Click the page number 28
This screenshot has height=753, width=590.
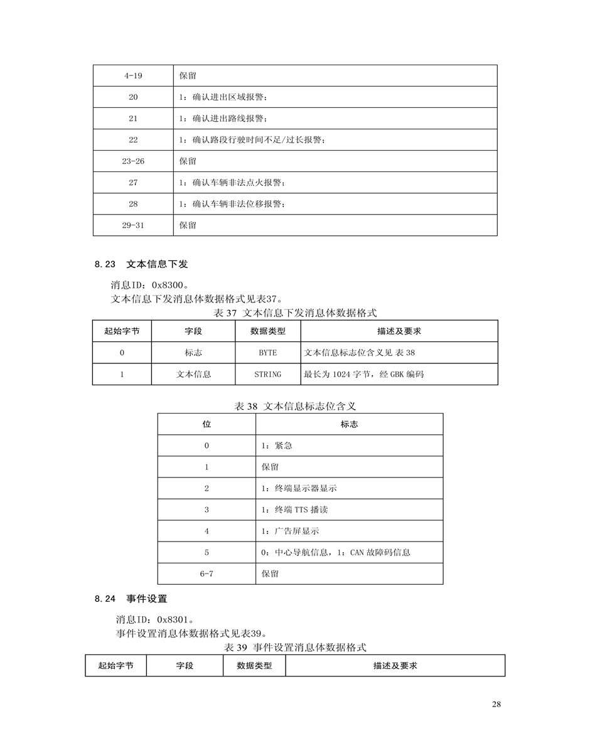pyautogui.click(x=496, y=705)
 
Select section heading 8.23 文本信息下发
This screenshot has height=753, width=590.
pyautogui.click(x=141, y=264)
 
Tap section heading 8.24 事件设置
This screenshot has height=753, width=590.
pyautogui.click(x=131, y=599)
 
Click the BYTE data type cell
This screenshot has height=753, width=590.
pyautogui.click(x=267, y=353)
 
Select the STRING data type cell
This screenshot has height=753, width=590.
pyautogui.click(x=267, y=374)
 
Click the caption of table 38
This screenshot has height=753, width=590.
pyautogui.click(x=299, y=407)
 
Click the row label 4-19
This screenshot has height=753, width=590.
pyautogui.click(x=133, y=75)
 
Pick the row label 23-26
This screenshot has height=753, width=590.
pyautogui.click(x=133, y=161)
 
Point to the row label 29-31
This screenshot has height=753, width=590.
pyautogui.click(x=133, y=225)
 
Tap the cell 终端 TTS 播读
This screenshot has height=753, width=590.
pyautogui.click(x=294, y=510)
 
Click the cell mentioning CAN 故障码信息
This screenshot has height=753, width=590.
pyautogui.click(x=336, y=552)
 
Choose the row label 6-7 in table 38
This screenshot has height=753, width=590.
pyautogui.click(x=206, y=574)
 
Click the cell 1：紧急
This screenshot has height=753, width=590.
pyautogui.click(x=277, y=446)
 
